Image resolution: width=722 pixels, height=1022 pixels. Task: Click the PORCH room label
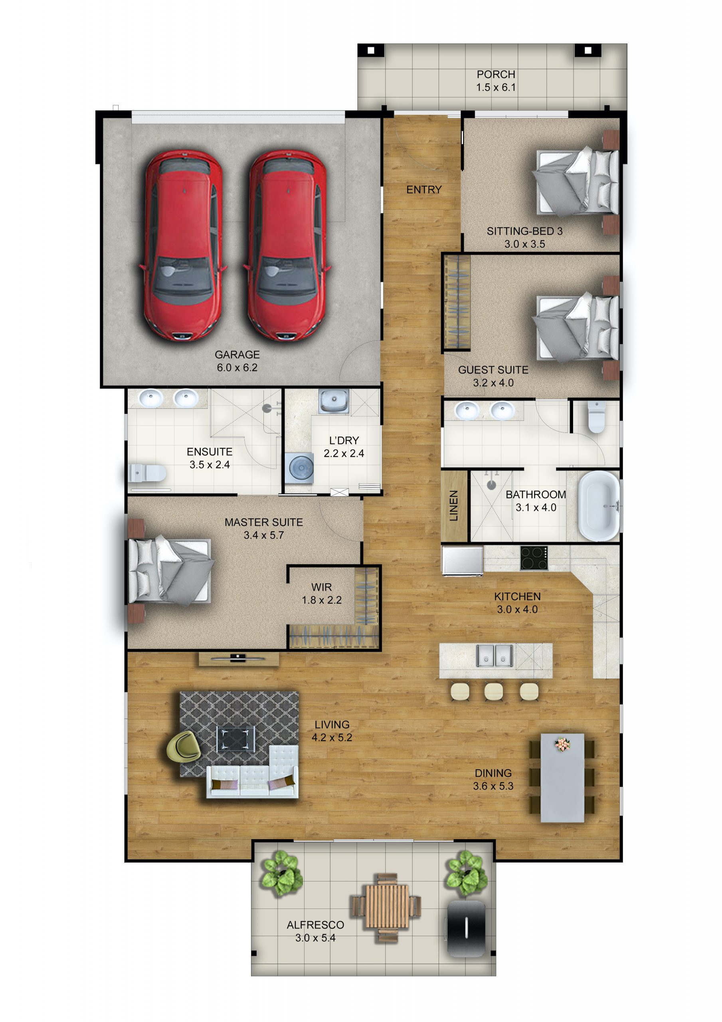click(495, 74)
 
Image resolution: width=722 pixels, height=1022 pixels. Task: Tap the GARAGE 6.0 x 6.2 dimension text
click(237, 368)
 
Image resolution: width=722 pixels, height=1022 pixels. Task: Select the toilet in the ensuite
click(147, 473)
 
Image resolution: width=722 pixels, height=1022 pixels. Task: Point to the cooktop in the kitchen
click(534, 558)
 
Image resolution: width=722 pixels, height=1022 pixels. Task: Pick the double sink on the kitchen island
click(494, 656)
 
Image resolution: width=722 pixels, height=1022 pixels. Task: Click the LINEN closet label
click(453, 506)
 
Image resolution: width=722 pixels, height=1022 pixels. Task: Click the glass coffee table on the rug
click(235, 739)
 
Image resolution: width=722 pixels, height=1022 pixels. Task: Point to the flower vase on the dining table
click(562, 744)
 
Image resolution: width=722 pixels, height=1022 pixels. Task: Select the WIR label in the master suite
click(321, 587)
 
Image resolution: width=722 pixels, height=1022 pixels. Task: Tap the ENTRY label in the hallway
click(424, 190)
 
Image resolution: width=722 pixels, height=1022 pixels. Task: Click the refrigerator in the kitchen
click(463, 560)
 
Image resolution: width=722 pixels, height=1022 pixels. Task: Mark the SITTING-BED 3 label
click(524, 232)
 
